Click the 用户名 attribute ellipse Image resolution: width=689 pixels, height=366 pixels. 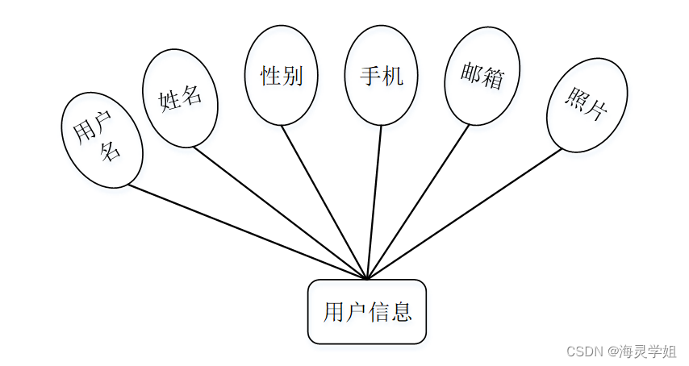point(102,141)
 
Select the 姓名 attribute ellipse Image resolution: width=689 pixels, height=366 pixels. point(180,98)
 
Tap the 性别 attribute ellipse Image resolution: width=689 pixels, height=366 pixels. point(281,75)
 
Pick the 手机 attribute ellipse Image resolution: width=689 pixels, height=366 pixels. point(381,76)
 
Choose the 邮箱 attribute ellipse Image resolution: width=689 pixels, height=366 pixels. point(482,76)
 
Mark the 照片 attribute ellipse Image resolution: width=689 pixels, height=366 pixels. point(587,105)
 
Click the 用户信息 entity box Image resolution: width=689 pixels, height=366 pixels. point(366,311)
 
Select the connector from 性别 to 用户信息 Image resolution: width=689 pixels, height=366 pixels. point(323,202)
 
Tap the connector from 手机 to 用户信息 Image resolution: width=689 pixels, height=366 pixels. point(374,202)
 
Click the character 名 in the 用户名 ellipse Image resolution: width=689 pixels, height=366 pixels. point(111,152)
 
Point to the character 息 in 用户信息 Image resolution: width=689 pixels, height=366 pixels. point(403,312)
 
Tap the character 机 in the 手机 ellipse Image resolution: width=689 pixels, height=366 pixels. point(392,76)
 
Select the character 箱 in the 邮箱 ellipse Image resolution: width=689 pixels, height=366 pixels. point(493,78)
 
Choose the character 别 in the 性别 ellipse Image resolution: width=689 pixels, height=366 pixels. point(292,76)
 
